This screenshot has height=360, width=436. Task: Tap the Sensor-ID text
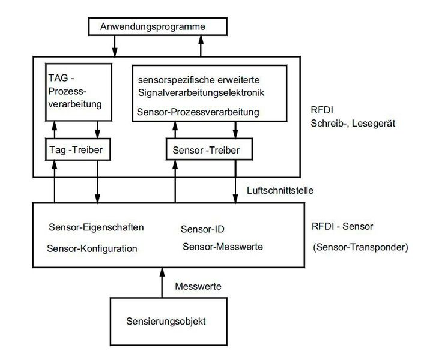[202, 229]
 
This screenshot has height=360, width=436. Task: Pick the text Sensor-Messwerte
[223, 246]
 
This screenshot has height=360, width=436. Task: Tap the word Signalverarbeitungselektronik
[201, 93]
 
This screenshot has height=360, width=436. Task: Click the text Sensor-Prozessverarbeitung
[198, 112]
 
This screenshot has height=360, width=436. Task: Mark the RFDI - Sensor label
[343, 226]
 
